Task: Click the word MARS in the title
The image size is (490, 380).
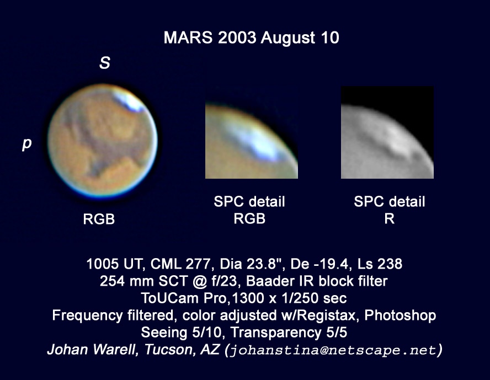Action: point(188,38)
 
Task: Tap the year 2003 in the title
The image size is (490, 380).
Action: point(236,38)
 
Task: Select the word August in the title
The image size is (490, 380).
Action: point(288,39)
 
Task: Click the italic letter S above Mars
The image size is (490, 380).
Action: point(105,63)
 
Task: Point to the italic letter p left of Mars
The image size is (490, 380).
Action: point(27,144)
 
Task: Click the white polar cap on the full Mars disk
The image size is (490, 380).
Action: point(129,101)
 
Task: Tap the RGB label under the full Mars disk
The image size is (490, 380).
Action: point(99,219)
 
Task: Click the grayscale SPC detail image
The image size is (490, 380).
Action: point(387,132)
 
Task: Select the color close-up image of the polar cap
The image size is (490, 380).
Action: point(251,140)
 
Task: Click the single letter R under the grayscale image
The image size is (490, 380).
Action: point(390,218)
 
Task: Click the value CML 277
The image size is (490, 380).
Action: point(180,264)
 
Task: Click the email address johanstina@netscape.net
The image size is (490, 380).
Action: point(333,350)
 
